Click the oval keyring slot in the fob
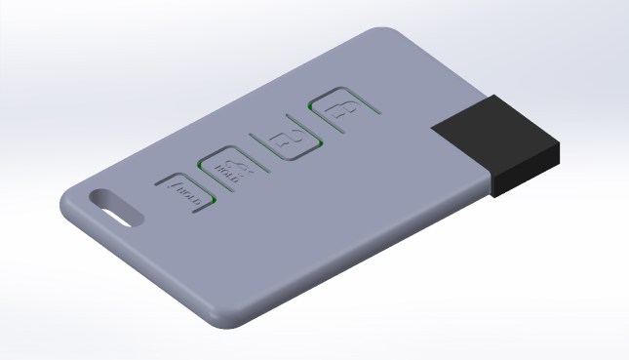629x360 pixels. click(114, 205)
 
